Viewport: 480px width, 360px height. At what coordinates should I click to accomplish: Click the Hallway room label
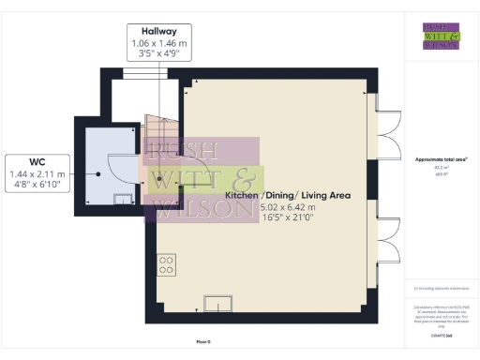point(158,31)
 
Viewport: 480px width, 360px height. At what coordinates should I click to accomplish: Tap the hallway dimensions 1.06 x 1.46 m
point(158,43)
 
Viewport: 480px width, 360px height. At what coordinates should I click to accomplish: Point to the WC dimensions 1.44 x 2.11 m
point(36,174)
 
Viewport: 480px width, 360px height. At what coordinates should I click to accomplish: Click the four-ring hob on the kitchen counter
point(166,264)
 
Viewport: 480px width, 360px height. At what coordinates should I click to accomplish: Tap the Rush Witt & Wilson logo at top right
point(440,35)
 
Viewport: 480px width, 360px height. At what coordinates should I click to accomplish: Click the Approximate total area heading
point(441,159)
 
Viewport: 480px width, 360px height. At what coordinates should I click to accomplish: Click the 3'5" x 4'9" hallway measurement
point(158,55)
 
